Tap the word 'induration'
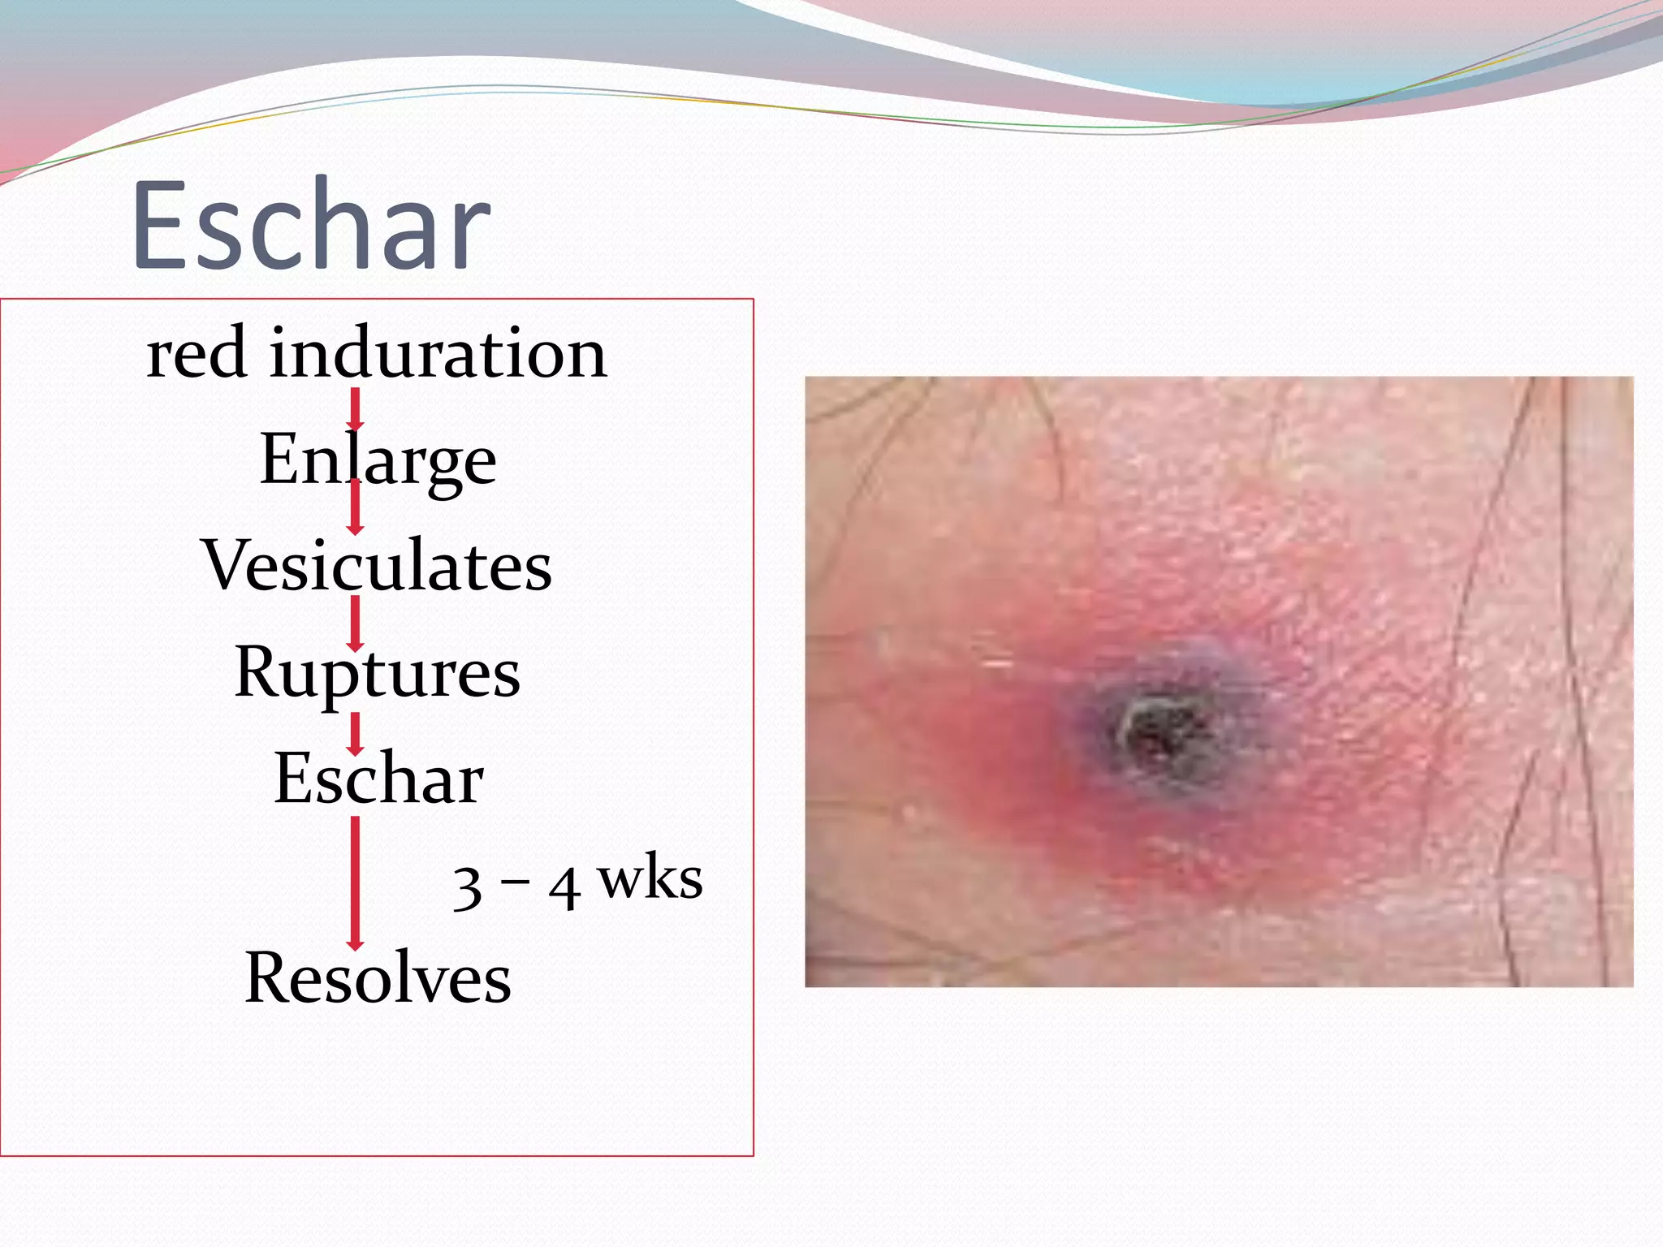point(438,353)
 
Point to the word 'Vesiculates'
point(378,565)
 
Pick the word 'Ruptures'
point(378,672)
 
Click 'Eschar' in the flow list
point(378,778)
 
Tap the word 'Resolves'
point(378,977)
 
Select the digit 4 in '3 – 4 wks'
point(564,887)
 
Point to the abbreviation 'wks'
point(650,879)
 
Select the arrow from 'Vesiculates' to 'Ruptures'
point(355,623)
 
